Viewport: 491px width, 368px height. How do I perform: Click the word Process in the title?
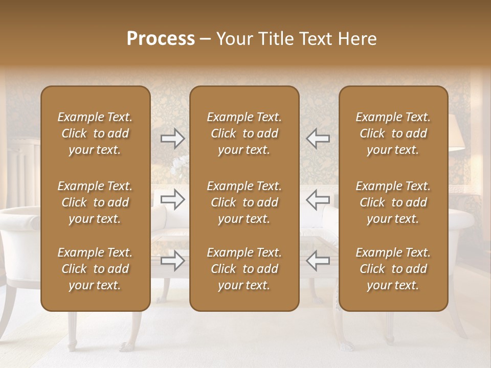(161, 39)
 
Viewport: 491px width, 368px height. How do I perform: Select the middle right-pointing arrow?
(172, 199)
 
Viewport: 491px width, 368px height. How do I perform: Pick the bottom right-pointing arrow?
(172, 261)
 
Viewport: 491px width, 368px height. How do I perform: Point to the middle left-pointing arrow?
(318, 199)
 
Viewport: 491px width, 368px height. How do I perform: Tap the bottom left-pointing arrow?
(318, 261)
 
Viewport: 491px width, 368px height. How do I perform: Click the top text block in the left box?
(95, 133)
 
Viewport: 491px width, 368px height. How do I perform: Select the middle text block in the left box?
(95, 202)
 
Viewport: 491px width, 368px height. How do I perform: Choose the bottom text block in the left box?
(95, 269)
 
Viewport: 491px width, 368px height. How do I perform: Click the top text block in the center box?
(244, 133)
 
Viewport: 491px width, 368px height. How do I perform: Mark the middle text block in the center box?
(244, 202)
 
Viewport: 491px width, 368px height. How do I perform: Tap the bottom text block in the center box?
(244, 269)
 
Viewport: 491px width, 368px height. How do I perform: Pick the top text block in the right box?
(393, 133)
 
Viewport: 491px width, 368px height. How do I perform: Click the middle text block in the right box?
(393, 202)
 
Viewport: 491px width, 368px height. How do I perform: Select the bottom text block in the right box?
(393, 269)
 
